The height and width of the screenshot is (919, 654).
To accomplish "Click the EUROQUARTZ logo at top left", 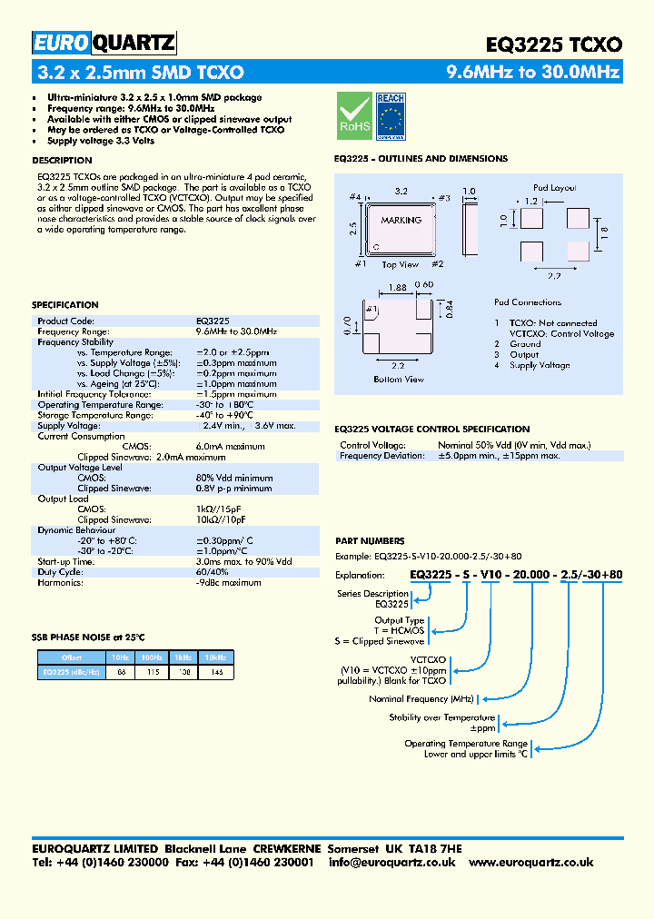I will (104, 43).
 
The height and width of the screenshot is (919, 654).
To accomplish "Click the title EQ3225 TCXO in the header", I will (554, 44).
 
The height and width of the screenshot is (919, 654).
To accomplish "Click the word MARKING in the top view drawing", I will (401, 220).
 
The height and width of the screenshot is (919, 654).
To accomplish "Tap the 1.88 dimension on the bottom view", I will (397, 287).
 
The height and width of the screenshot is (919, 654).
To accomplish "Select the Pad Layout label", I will (553, 188).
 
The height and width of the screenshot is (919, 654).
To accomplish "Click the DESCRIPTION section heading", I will (62, 160).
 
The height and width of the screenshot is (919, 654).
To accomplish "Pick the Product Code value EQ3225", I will (213, 321).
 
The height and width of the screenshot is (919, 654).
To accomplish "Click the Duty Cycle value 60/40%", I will (213, 572).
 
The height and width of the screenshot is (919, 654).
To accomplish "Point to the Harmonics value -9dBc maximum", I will (228, 583).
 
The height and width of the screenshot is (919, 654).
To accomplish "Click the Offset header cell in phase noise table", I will (72, 657).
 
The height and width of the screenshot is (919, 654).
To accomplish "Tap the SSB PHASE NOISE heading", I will (88, 637).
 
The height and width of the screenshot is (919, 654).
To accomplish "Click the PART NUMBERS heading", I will (370, 541).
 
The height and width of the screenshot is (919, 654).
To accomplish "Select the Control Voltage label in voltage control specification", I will (372, 446).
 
